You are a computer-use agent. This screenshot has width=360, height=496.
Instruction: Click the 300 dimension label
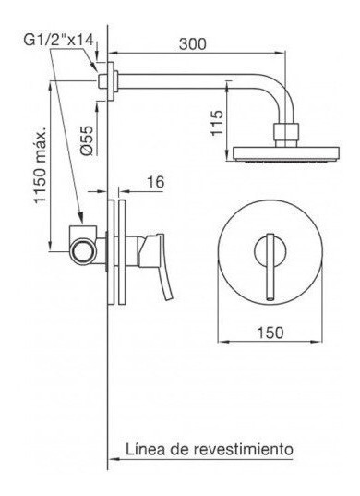193,44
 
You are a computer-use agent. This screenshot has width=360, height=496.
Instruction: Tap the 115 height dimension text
217,123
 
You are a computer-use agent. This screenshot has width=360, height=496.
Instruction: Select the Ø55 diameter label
88,140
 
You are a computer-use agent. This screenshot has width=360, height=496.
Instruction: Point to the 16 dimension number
155,182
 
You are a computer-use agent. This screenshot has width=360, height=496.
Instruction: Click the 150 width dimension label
270,333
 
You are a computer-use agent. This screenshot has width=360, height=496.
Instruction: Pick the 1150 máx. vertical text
41,165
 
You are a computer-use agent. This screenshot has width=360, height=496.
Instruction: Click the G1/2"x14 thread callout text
59,40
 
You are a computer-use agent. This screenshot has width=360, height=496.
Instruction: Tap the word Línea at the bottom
146,449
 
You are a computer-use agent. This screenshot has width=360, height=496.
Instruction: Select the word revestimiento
244,449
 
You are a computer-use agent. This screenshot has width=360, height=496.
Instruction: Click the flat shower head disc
286,154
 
